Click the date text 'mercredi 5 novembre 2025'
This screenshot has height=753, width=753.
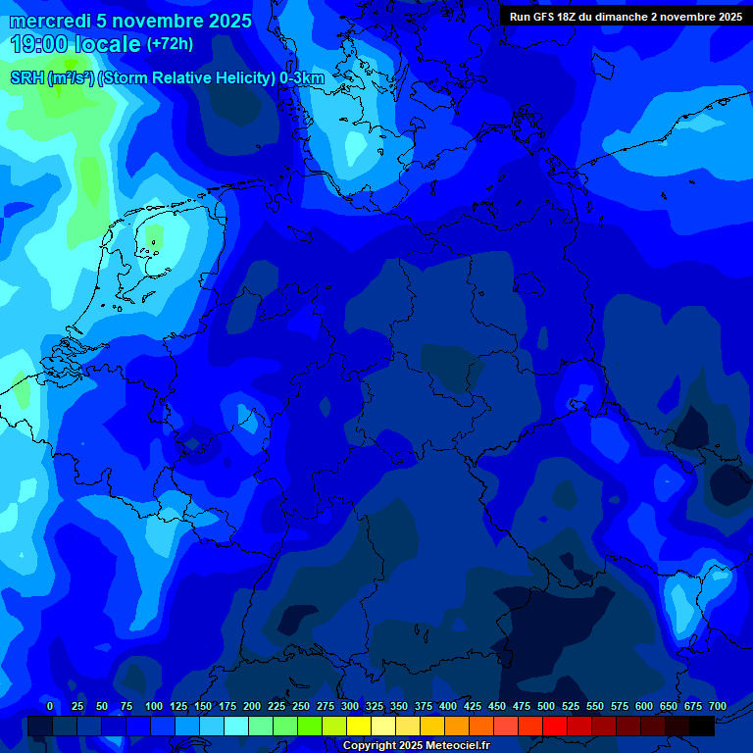130,21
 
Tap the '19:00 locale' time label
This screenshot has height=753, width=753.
75,44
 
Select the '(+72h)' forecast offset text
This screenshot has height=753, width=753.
170,44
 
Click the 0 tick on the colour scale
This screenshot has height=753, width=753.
50,706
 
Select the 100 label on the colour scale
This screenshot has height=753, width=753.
154,706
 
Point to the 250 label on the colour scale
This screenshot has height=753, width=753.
301,706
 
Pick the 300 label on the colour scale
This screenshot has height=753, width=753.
350,706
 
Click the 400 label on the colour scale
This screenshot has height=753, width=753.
448,706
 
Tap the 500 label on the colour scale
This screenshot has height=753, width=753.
546,706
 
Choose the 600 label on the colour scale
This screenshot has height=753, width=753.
644,706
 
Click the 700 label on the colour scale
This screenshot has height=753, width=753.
717,706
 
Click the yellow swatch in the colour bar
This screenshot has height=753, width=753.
359,726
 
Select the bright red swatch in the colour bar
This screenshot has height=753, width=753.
555,726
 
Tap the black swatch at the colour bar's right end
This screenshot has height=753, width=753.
702,726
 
